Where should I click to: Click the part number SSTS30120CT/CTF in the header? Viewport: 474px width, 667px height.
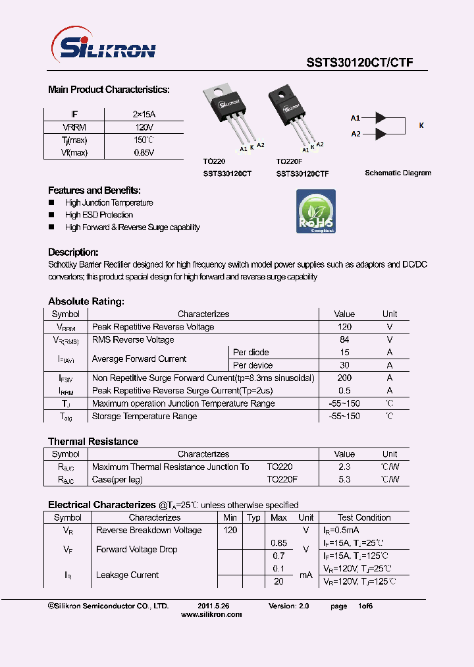[x=359, y=63]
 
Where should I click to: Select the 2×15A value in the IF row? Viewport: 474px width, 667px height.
[x=144, y=114]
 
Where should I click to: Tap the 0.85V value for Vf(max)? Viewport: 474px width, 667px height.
[x=144, y=152]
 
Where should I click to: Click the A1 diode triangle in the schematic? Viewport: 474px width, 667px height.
[x=380, y=118]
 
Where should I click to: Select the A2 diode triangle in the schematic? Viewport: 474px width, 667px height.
[x=380, y=134]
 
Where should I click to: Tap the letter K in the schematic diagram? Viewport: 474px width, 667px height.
[x=421, y=125]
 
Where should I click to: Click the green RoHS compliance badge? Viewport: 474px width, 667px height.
[x=316, y=211]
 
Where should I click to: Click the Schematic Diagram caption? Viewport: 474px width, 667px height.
[x=398, y=173]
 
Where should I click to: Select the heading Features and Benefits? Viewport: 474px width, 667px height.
[x=93, y=190]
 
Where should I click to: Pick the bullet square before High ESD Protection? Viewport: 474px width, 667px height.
[x=51, y=216]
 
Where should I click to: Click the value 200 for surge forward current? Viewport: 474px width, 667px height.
[x=344, y=378]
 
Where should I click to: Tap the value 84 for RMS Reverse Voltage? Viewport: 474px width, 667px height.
[x=344, y=339]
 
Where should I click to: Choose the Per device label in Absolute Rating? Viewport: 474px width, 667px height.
[x=252, y=365]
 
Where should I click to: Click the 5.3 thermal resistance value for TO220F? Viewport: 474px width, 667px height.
[x=344, y=479]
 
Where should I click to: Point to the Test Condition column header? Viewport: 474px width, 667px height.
[x=364, y=517]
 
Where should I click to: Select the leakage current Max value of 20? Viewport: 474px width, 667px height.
[x=278, y=581]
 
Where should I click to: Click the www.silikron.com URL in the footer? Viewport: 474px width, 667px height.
[x=211, y=614]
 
